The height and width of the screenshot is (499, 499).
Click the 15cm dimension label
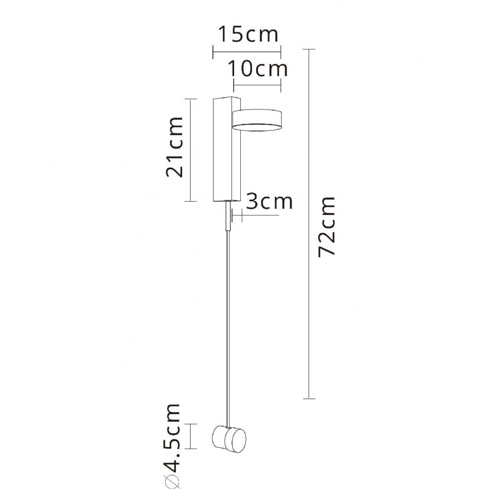pyautogui.click(x=247, y=34)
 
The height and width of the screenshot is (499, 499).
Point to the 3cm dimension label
pyautogui.click(x=269, y=201)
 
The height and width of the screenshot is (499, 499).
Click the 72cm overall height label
pyautogui.click(x=327, y=226)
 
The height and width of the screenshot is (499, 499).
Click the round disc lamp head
pyautogui.click(x=257, y=119)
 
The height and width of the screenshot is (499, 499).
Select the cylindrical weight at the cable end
pyautogui.click(x=229, y=438)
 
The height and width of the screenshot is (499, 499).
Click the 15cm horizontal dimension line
pyautogui.click(x=247, y=51)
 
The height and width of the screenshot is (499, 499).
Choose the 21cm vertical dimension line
pyautogui.click(x=191, y=150)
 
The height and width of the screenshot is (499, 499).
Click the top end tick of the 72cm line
pyautogui.click(x=308, y=49)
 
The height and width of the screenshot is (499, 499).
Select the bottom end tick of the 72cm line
pyautogui.click(x=308, y=398)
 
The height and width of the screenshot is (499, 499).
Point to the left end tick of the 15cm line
pyautogui.click(x=213, y=51)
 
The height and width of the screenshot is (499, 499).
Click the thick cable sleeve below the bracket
pyautogui.click(x=227, y=216)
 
